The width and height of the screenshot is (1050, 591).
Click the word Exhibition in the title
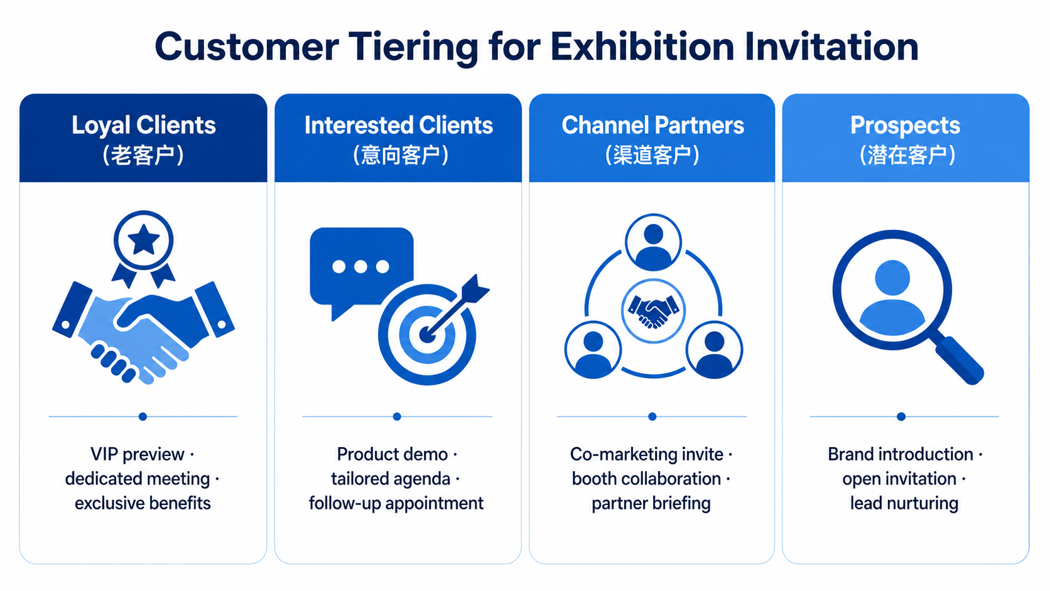642,46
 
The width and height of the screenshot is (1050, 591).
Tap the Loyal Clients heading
143,126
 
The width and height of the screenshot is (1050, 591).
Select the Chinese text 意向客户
400,155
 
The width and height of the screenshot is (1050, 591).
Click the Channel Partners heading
652,125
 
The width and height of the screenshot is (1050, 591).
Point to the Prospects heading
905,126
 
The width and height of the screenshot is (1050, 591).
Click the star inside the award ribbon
144,239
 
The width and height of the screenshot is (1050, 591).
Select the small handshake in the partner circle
653,311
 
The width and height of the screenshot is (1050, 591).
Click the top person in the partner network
653,242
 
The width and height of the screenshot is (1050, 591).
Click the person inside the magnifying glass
892,297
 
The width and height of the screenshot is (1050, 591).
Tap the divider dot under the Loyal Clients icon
143,416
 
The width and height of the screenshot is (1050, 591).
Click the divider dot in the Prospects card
901,416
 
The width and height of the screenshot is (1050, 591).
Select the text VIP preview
137,454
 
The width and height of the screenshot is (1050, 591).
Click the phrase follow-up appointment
396,503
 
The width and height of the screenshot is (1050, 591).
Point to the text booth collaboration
646,479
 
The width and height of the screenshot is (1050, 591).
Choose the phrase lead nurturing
904,503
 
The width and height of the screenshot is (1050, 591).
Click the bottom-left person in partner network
593,350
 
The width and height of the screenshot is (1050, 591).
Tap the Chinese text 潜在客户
907,155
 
